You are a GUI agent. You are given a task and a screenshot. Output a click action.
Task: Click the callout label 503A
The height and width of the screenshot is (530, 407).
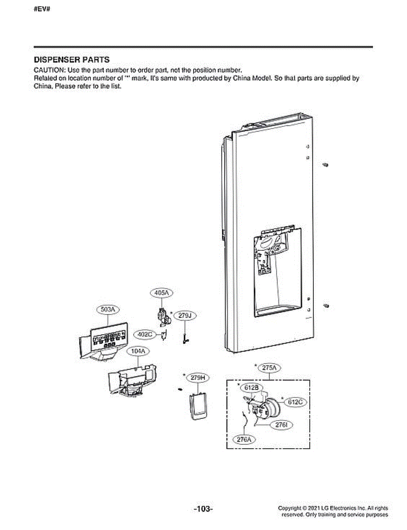(x=108, y=310)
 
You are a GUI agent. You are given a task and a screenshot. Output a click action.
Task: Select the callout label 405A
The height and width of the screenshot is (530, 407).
(x=161, y=293)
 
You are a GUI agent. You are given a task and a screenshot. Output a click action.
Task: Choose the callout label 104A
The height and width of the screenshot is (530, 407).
(x=138, y=351)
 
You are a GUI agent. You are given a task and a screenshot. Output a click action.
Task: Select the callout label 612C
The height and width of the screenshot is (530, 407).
(x=296, y=402)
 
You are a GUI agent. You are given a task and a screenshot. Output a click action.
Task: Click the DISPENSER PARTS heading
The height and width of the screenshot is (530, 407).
(x=72, y=60)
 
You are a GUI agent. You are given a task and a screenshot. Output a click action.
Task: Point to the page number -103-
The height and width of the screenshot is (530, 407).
(x=203, y=509)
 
